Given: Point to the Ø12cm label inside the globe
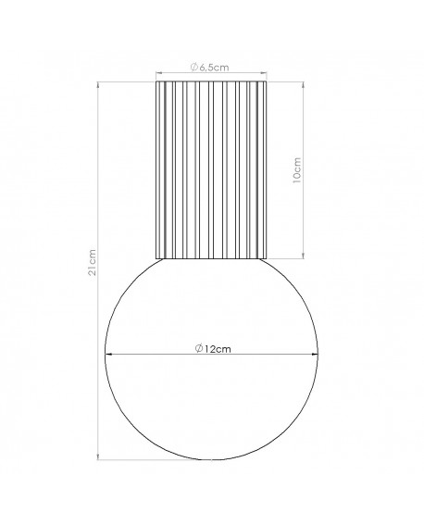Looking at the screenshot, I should click(x=213, y=348).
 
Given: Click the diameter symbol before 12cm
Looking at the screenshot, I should click(x=200, y=348).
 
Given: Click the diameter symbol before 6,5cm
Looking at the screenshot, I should click(x=194, y=66).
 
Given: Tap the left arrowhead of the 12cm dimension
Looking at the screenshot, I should click(x=112, y=356).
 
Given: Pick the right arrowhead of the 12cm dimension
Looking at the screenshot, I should click(x=315, y=356).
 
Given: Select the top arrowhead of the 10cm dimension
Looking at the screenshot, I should click(x=303, y=84).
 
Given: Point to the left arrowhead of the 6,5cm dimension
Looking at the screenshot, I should click(x=158, y=73).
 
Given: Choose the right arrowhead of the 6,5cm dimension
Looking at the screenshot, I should click(x=267, y=73).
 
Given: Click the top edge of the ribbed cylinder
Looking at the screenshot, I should click(x=212, y=81).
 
